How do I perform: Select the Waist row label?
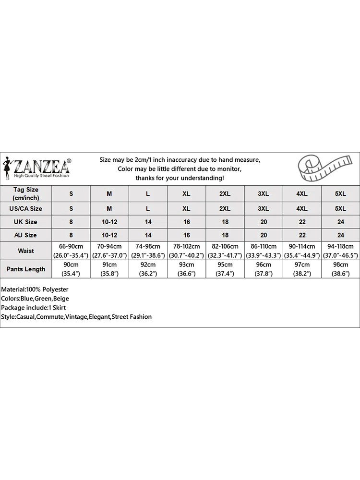[25, 251]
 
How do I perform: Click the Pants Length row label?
[25, 269]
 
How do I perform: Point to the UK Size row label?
[25, 222]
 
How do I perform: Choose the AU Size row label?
[25, 235]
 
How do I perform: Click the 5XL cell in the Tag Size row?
[340, 193]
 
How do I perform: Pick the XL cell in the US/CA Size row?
[186, 209]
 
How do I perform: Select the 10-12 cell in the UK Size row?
[109, 222]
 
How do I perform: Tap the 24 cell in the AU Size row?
[340, 235]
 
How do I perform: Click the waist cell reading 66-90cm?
[71, 251]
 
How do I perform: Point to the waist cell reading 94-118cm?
[340, 251]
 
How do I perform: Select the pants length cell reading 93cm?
[186, 269]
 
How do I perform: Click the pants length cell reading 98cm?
[340, 269]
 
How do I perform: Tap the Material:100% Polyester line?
[35, 289]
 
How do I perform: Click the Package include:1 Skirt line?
[34, 308]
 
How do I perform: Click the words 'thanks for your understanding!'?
[180, 178]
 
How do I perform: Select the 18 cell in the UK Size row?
[225, 222]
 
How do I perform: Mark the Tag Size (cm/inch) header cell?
[25, 193]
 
